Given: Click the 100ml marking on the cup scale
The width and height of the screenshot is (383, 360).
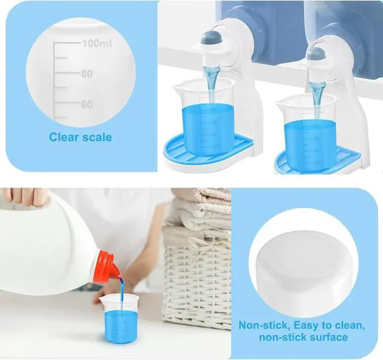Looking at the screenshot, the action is click(97, 44).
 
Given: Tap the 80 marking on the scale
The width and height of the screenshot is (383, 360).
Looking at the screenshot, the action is click(87, 74).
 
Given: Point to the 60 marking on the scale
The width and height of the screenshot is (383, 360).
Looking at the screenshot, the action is click(87, 104).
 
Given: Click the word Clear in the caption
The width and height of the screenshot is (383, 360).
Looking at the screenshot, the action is click(63, 137).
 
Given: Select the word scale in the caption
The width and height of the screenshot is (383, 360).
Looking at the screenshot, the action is click(97, 137).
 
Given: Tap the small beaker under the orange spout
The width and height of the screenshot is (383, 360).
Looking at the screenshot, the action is click(119, 318).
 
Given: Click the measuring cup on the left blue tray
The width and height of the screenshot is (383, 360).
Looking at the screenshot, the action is click(203, 118).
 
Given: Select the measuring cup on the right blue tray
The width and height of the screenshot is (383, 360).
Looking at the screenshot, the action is click(306, 133).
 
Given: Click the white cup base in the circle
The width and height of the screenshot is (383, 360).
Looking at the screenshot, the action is click(303, 271).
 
